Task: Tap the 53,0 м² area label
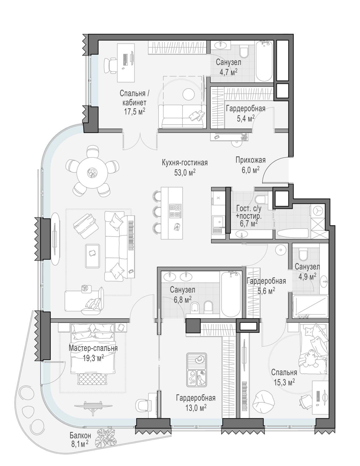pyautogui.click(x=185, y=173)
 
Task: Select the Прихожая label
pyautogui.click(x=251, y=160)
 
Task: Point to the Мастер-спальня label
pyautogui.click(x=93, y=348)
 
